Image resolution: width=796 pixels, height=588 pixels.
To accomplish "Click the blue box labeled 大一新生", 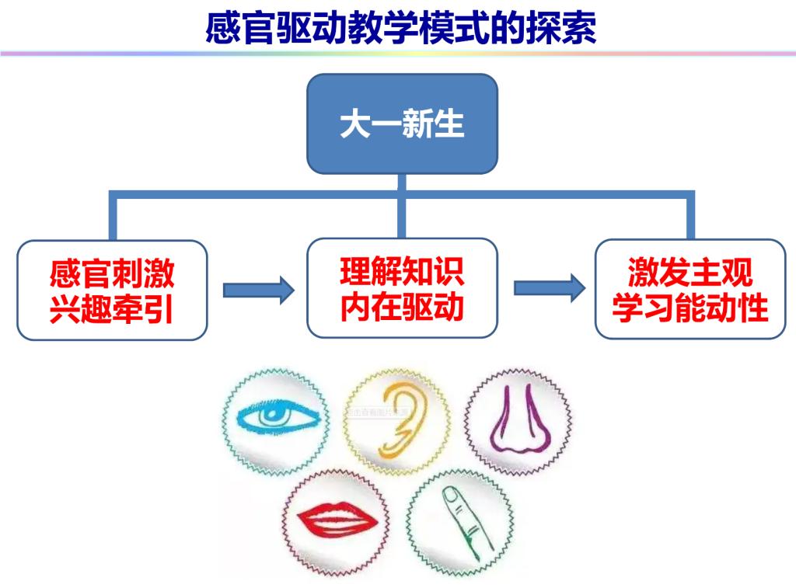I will pos(401,124).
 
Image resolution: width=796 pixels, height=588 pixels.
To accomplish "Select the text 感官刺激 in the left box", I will pos(112,275).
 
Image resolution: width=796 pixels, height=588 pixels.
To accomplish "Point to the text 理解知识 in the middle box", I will pos(402,273).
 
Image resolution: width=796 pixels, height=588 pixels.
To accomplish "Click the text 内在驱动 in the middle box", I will pos(402,308).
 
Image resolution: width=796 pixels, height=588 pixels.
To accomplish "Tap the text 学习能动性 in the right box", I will pos(690,308).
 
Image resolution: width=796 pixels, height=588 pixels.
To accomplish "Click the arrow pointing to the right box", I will pos(549,288).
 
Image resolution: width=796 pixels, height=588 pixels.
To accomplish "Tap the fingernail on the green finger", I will pos(452,495).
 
